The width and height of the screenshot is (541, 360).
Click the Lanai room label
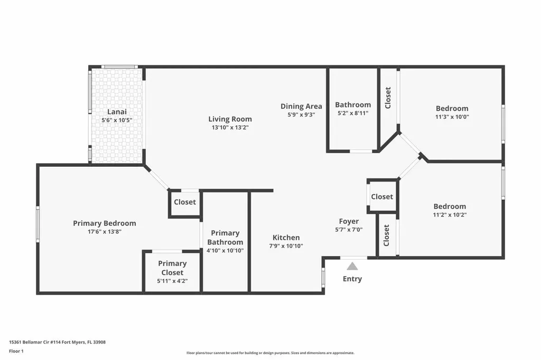tap(116, 111)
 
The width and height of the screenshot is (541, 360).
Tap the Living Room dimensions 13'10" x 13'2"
tap(230, 127)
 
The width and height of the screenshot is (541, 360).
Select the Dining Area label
tap(301, 106)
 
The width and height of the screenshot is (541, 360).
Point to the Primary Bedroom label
tap(104, 223)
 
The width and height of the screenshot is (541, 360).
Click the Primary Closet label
tap(172, 268)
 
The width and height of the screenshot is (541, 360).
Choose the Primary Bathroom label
tap(225, 238)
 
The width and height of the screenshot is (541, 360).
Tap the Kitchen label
tap(286, 238)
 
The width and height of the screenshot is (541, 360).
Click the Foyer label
tap(349, 221)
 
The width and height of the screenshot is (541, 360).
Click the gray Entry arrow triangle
tap(352, 266)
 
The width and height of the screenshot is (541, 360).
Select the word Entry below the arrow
tap(352, 279)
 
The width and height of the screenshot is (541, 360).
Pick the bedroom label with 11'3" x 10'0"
tap(452, 109)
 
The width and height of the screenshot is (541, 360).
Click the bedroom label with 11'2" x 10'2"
tap(450, 206)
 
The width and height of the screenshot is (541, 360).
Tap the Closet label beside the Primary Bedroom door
tap(185, 202)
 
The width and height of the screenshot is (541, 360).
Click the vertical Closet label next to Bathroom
tap(388, 98)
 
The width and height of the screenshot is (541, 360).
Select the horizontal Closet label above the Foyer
tap(382, 196)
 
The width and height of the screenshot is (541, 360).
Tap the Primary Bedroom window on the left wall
tap(38, 224)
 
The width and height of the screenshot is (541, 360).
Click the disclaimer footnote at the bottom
tap(270, 353)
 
